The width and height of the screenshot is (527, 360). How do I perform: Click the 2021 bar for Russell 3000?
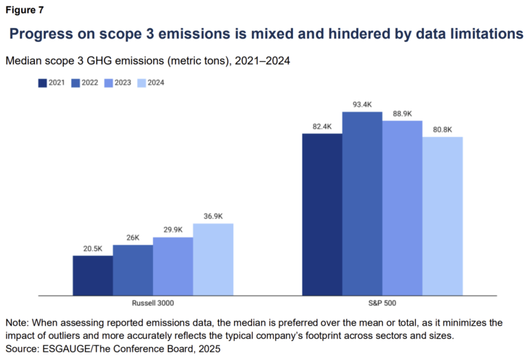(x=93, y=276)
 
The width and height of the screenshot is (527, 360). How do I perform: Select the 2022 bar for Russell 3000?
(x=132, y=270)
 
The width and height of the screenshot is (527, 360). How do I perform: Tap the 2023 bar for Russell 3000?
(x=172, y=267)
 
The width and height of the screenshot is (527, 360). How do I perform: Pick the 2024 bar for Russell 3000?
(x=213, y=259)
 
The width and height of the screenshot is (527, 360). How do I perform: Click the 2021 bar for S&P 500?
(x=322, y=215)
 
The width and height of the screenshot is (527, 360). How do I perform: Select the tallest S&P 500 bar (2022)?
(x=362, y=204)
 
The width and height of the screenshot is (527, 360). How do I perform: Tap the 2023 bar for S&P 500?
(x=402, y=208)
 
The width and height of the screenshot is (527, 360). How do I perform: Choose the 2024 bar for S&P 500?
(x=443, y=216)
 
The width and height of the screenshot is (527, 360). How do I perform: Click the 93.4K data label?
(x=362, y=105)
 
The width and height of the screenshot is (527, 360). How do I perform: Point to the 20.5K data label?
(x=93, y=249)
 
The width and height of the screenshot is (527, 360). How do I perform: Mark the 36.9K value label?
(x=213, y=217)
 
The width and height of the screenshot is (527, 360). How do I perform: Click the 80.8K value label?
(x=443, y=130)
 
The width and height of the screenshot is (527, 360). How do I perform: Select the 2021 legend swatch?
(x=42, y=83)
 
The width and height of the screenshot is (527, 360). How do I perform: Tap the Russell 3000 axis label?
(x=153, y=302)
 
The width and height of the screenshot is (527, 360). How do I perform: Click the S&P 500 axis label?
(x=382, y=302)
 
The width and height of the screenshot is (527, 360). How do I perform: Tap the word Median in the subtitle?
(x=25, y=61)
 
